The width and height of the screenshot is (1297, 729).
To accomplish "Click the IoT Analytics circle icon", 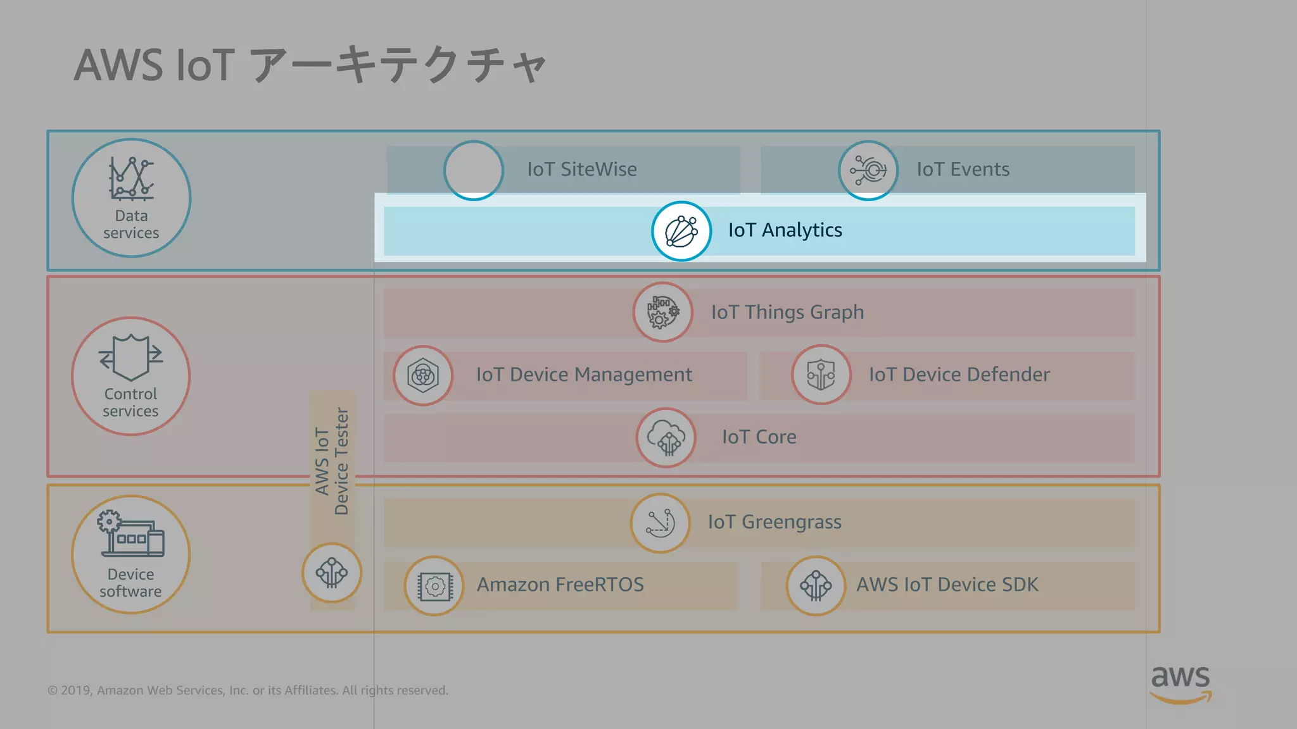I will (681, 231).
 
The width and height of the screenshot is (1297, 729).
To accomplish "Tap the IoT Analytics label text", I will (785, 230).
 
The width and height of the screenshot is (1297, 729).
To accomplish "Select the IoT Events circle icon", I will (868, 170).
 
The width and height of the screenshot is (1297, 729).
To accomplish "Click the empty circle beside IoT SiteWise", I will (474, 170).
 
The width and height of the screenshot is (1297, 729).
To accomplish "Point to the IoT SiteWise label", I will (582, 170).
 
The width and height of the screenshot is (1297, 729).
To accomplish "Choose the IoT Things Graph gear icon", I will (663, 312).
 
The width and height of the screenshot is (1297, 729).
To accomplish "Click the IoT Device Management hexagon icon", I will (423, 375).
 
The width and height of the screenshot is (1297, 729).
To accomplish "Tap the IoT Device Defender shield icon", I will (821, 375).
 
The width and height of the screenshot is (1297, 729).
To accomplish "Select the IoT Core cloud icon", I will (666, 437).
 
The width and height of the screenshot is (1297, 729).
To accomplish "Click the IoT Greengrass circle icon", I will (661, 523).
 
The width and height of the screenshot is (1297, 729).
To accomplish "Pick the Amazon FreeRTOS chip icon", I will (434, 586).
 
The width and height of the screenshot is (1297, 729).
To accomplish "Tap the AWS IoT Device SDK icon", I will (816, 585).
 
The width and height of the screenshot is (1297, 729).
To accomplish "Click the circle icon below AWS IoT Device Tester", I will (332, 573).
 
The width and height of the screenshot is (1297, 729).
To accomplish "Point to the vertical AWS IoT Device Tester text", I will (332, 462).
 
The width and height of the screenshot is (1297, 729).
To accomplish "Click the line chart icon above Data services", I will (131, 179).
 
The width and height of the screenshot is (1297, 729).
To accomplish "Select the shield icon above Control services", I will (131, 357).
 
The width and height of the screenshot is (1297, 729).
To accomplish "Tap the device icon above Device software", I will (131, 535).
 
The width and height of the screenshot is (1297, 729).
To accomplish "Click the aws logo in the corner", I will (1180, 683).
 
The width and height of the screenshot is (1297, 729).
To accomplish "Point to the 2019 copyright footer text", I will (248, 690).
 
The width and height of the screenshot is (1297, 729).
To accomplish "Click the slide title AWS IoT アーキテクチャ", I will (310, 65).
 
